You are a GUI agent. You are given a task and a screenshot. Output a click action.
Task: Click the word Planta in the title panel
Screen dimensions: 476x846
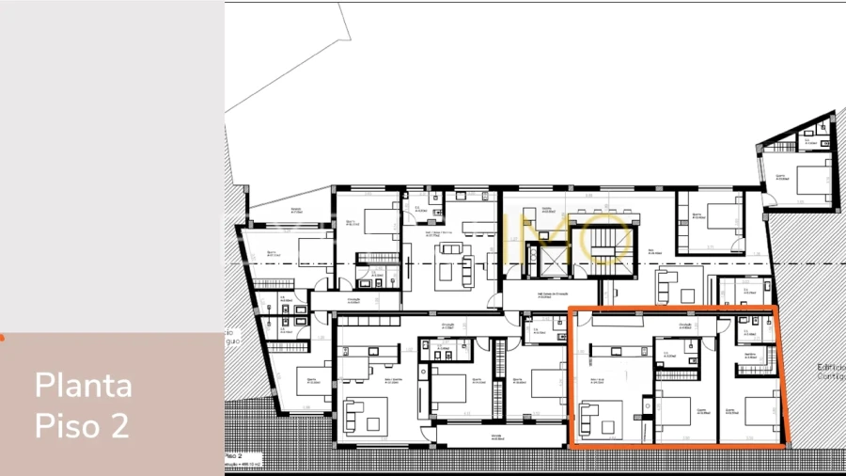tap(84, 386)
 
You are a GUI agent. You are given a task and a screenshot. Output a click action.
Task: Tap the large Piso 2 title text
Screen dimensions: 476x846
tap(82, 425)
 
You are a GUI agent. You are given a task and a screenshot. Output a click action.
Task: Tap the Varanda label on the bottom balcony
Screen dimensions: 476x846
tap(471, 436)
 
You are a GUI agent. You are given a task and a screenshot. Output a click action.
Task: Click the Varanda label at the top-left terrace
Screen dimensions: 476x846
tap(296, 210)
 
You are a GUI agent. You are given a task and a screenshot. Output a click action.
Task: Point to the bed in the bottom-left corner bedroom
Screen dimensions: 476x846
tap(311, 380)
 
